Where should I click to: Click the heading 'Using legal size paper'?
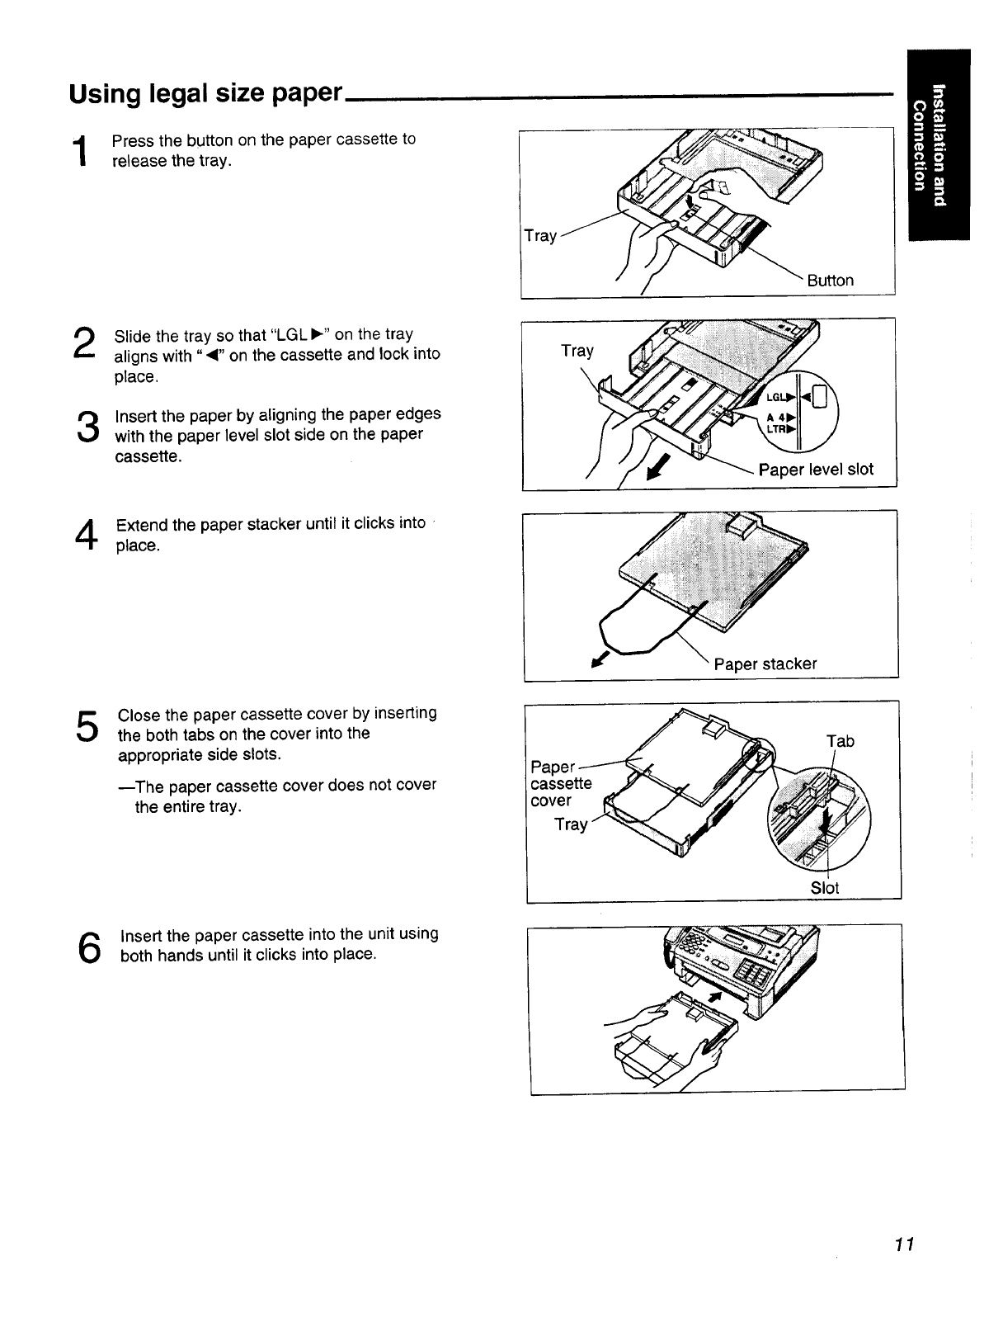tap(205, 92)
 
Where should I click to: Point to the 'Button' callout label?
tap(830, 281)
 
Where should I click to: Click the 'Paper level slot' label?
tap(815, 470)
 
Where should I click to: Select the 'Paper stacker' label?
tap(765, 664)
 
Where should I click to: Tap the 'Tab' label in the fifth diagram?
tap(840, 741)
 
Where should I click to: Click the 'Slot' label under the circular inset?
tap(824, 888)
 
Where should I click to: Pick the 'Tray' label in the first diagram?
tap(540, 236)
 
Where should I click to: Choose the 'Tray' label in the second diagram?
tap(577, 351)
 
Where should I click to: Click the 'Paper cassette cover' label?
tap(561, 783)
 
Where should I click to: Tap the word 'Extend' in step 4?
tap(142, 525)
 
